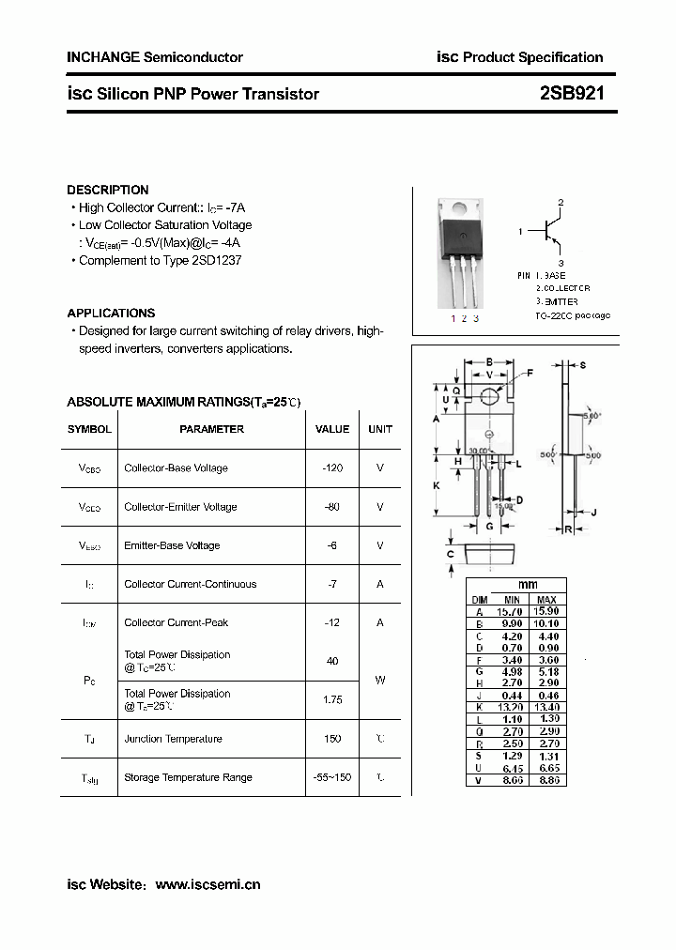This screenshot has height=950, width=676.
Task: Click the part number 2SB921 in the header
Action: coord(572,94)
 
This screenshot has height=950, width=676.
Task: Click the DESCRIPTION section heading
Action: coord(108,190)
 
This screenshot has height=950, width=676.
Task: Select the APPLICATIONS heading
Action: coord(111,313)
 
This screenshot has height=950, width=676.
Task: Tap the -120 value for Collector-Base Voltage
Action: coord(332,467)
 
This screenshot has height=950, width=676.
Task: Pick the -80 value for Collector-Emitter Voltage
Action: coord(332,507)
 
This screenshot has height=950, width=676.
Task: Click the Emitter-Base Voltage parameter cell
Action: coord(172,545)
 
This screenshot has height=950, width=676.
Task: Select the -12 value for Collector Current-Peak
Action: coord(332,622)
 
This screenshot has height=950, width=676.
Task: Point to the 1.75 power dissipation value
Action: coord(332,699)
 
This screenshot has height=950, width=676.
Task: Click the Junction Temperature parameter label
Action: coord(173,739)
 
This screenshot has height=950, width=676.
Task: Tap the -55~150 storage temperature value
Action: coord(332,777)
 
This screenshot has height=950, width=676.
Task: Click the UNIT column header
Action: coord(380,429)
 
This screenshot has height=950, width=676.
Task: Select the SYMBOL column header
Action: coord(89,429)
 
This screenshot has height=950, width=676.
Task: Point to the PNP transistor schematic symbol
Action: coord(549,229)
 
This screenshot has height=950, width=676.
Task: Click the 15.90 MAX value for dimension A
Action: coord(546,611)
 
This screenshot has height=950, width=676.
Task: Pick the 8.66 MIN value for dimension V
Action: coord(512,780)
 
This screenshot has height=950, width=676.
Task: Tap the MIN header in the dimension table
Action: coord(512,599)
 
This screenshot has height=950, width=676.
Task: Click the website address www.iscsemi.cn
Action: coord(207,884)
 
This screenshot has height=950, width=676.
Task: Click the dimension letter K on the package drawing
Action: coord(438,485)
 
